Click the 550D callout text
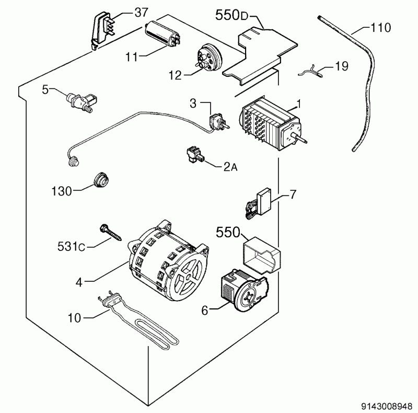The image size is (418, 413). click(233, 16)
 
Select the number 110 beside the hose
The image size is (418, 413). click(380, 27)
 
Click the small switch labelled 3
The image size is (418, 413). click(215, 123)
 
